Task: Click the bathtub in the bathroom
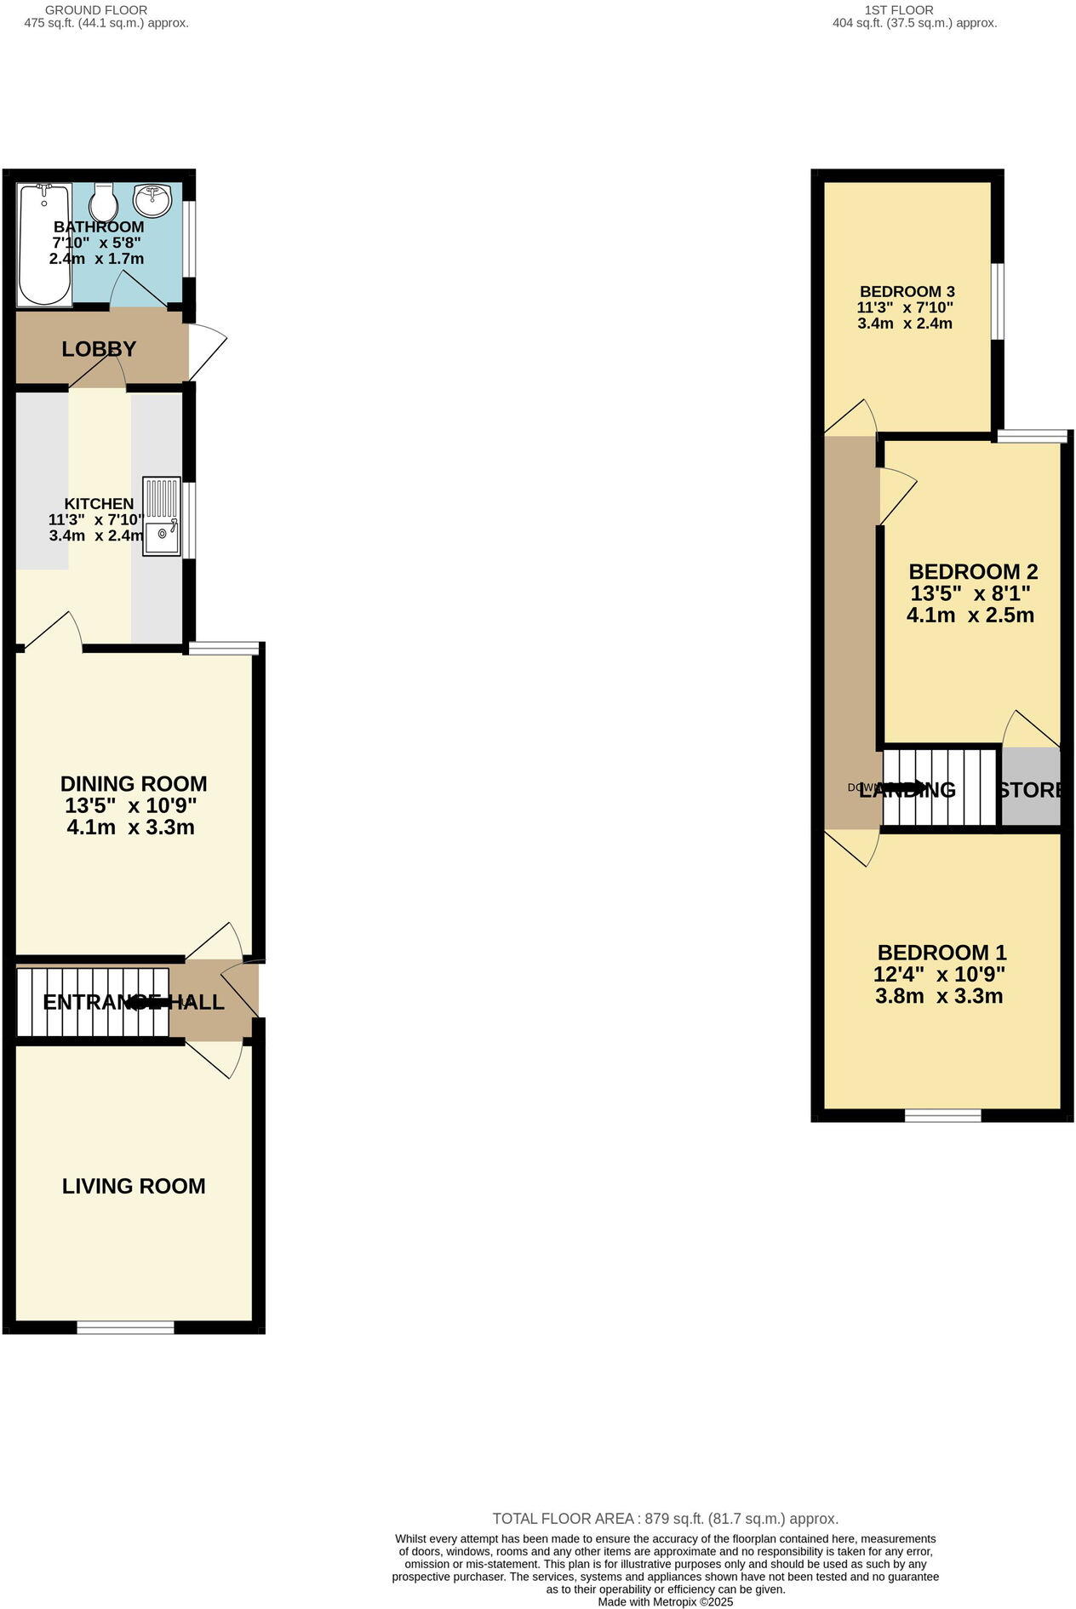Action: click(44, 244)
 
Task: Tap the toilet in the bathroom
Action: click(103, 203)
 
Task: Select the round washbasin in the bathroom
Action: click(153, 201)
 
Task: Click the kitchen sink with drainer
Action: click(162, 517)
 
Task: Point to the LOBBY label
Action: click(99, 349)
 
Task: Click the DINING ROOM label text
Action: click(134, 784)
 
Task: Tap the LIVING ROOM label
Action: click(134, 1186)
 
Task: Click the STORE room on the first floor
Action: click(1031, 787)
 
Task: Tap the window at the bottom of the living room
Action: click(125, 1327)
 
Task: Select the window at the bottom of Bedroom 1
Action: click(942, 1115)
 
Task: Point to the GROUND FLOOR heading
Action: click(96, 10)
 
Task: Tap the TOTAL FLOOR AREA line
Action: click(665, 1519)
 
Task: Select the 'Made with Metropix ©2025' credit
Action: click(665, 1601)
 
